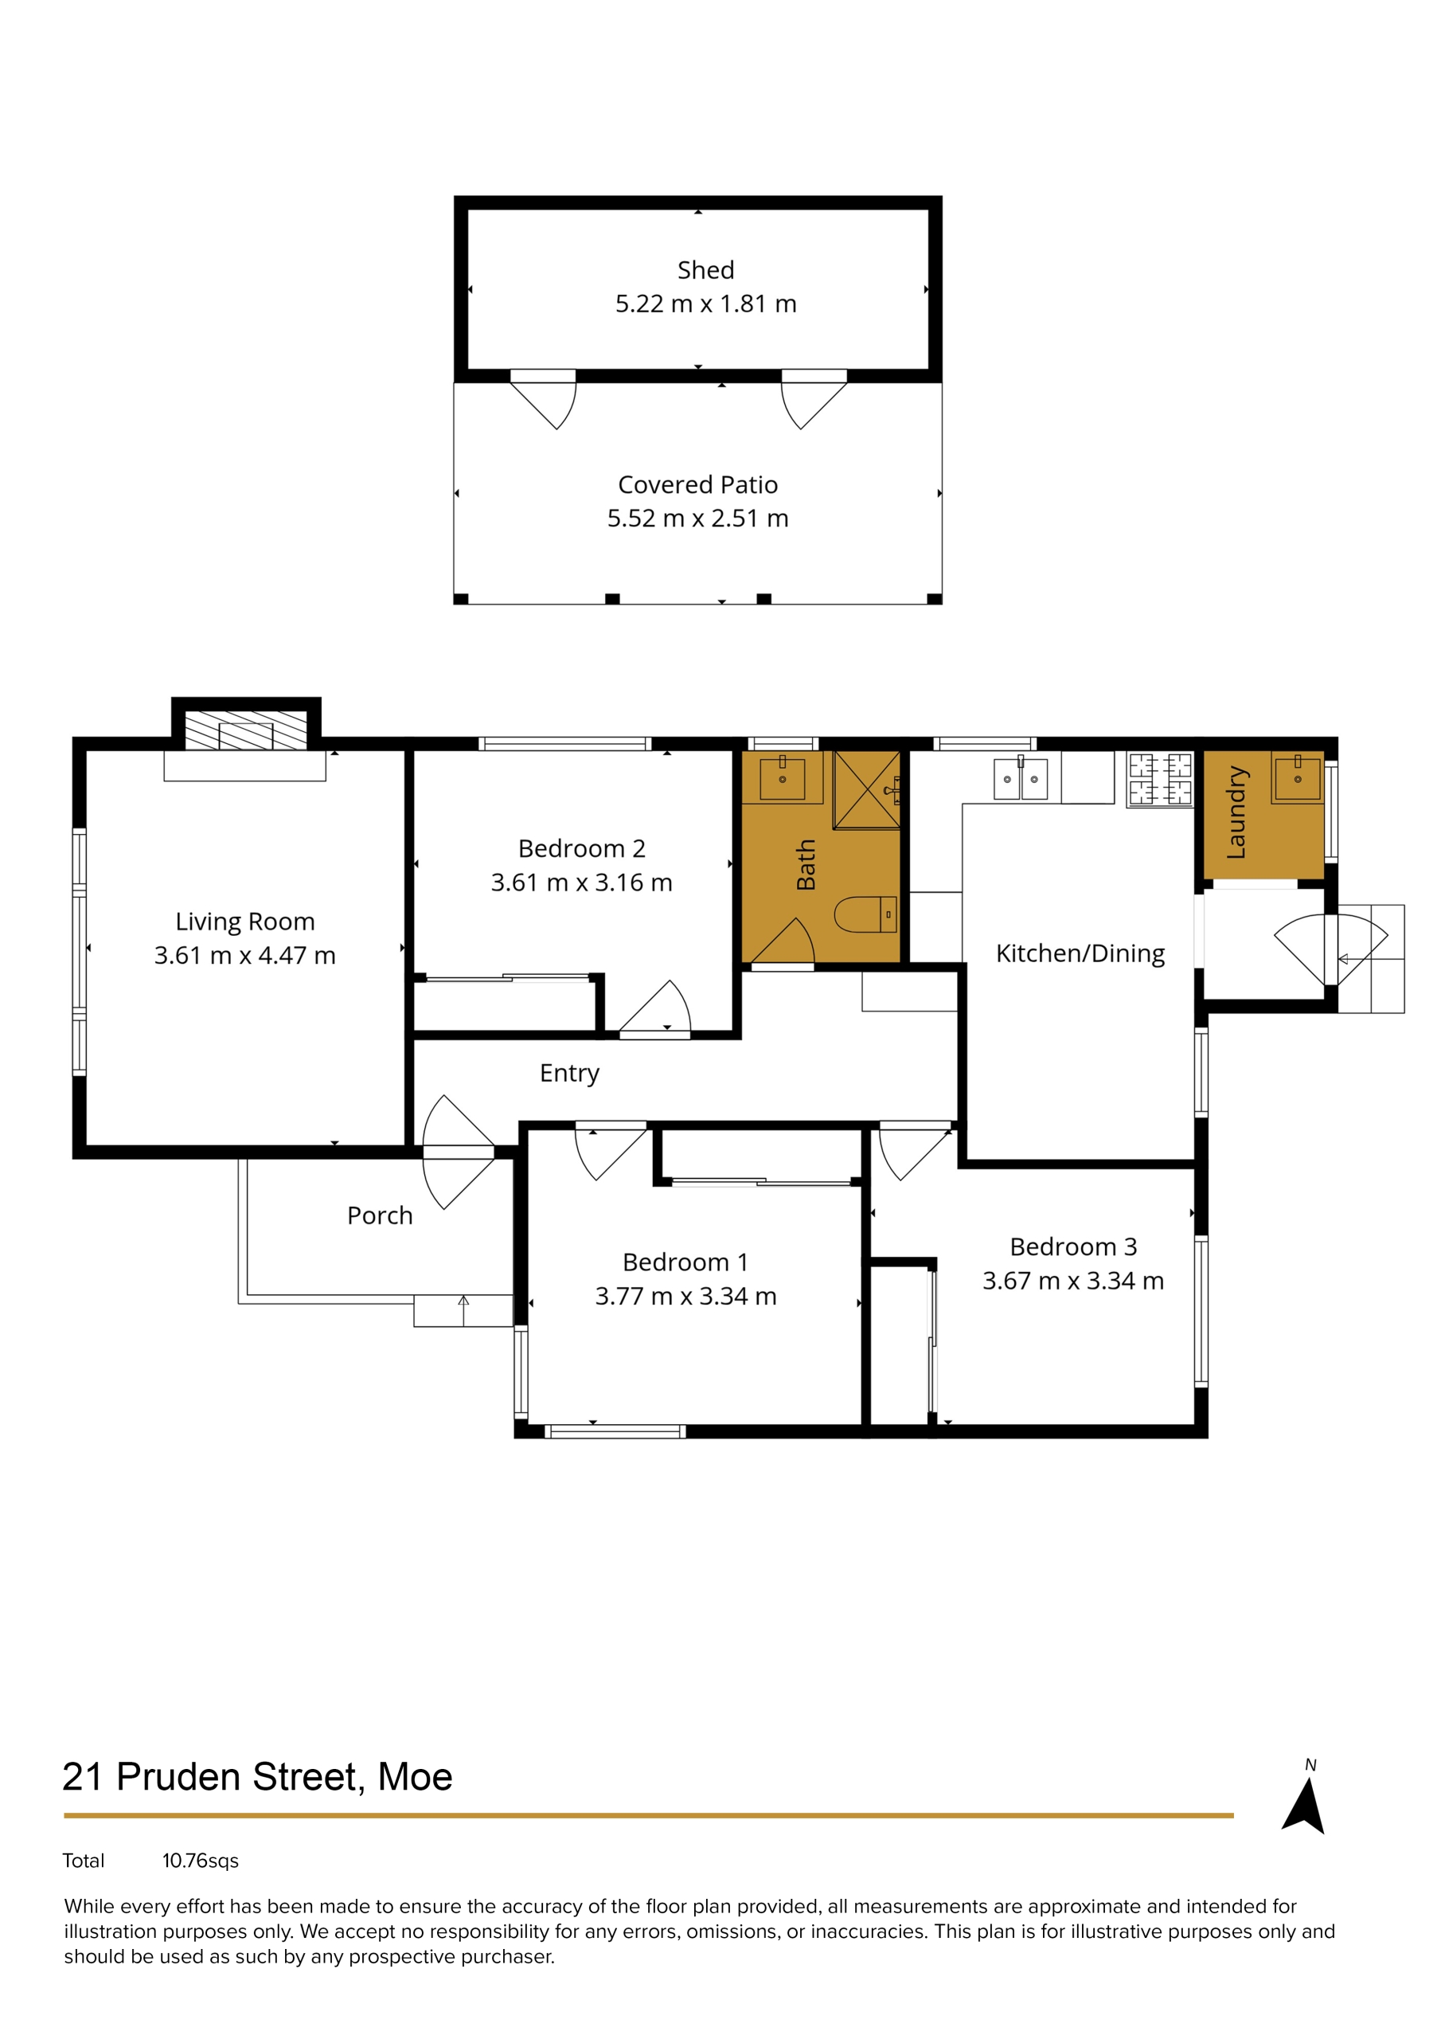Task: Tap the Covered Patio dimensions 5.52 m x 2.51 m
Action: tap(698, 518)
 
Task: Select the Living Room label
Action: tap(245, 922)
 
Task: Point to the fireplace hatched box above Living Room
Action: tap(246, 730)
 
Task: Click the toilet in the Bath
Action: tap(865, 914)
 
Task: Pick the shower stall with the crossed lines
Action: tap(866, 789)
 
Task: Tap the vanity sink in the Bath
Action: tap(783, 779)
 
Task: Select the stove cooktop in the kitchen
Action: tap(1159, 779)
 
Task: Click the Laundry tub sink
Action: tap(1297, 778)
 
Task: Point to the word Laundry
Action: tap(1236, 812)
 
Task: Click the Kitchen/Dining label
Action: tap(1080, 953)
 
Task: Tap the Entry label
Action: tap(569, 1074)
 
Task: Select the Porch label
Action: tap(380, 1215)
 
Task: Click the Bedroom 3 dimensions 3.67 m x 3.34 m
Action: tap(1072, 1281)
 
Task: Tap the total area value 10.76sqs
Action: tap(201, 1861)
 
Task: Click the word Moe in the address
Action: tap(415, 1777)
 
